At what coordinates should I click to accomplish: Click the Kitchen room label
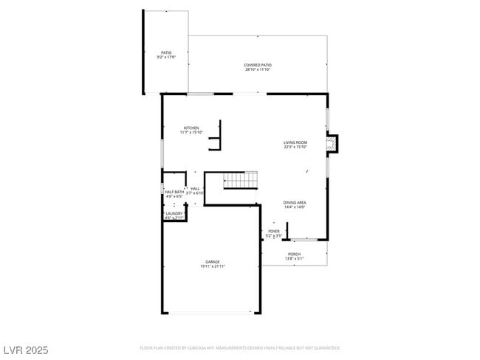pyautogui.click(x=191, y=128)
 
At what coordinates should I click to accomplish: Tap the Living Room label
pyautogui.click(x=295, y=142)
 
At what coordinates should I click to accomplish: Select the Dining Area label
pyautogui.click(x=295, y=202)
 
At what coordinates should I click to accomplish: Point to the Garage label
pyautogui.click(x=213, y=261)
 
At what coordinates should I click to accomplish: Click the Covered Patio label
pyautogui.click(x=257, y=65)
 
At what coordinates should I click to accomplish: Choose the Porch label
pyautogui.click(x=294, y=254)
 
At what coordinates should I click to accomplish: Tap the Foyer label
pyautogui.click(x=274, y=231)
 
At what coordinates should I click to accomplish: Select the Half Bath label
pyautogui.click(x=174, y=192)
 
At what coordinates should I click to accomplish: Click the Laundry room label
pyautogui.click(x=174, y=214)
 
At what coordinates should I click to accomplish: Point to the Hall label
pyautogui.click(x=195, y=189)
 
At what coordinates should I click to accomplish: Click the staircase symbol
pyautogui.click(x=241, y=179)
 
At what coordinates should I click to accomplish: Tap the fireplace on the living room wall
pyautogui.click(x=332, y=143)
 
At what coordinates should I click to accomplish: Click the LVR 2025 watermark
pyautogui.click(x=25, y=350)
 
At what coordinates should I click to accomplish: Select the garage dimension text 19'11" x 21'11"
pyautogui.click(x=213, y=266)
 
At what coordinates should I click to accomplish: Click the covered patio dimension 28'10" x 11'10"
pyautogui.click(x=257, y=70)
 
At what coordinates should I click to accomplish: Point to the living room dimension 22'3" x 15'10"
pyautogui.click(x=295, y=147)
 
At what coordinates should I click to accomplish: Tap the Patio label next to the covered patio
pyautogui.click(x=166, y=52)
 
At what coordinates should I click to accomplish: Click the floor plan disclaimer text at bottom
pyautogui.click(x=239, y=347)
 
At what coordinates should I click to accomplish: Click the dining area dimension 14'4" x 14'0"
pyautogui.click(x=295, y=207)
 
